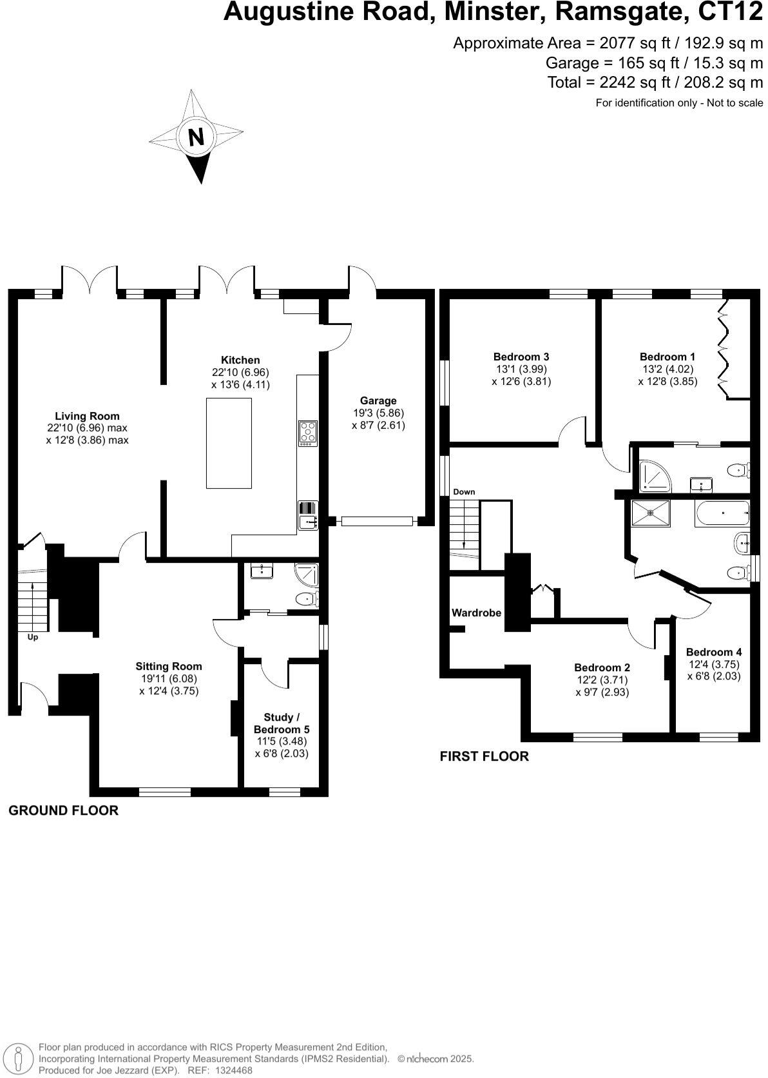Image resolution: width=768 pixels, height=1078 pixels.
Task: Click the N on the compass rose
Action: (196, 137)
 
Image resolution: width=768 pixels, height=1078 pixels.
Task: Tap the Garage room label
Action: (378, 400)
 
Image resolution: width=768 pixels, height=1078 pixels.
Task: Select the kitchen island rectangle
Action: (229, 443)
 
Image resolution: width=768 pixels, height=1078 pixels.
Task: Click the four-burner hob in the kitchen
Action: (308, 433)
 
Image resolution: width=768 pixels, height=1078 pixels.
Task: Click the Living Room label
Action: (87, 416)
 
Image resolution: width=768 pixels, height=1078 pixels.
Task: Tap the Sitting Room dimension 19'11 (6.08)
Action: (169, 678)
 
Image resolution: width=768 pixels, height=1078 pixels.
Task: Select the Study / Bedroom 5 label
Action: (282, 723)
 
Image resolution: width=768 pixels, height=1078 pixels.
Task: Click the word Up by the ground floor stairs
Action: (32, 637)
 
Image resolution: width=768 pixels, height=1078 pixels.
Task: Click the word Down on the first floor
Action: (464, 492)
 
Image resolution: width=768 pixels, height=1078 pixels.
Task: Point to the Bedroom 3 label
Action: (521, 357)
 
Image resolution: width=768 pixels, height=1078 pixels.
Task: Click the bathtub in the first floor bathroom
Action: (722, 513)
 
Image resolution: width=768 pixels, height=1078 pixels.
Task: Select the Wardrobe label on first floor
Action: (476, 612)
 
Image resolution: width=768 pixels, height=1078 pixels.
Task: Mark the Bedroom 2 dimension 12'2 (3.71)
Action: (602, 680)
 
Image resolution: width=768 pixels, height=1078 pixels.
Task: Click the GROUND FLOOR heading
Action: (63, 810)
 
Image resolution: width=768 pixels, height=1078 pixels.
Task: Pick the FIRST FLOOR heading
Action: (484, 756)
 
